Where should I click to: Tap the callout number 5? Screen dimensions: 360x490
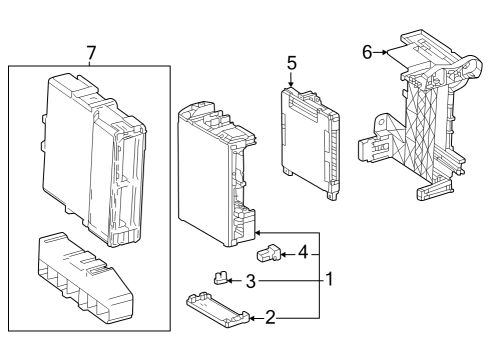point(291,62)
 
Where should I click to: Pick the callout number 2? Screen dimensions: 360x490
point(270,318)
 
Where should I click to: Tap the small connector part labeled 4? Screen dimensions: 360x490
point(270,251)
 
